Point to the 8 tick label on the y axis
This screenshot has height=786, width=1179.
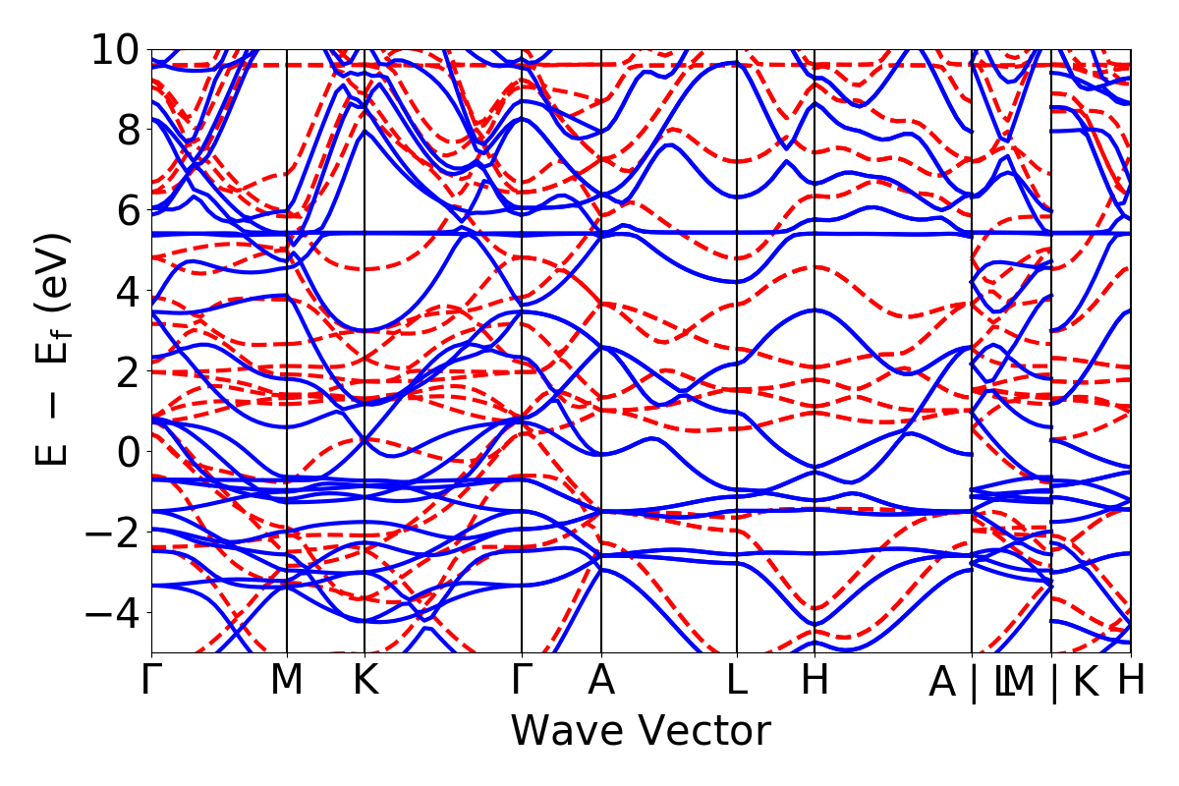pos(125,130)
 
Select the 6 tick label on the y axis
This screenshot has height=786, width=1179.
pos(125,210)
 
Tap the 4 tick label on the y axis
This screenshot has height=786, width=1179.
pos(125,291)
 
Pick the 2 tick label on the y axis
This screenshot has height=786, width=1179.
pos(125,371)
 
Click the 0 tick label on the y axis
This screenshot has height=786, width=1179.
pos(125,452)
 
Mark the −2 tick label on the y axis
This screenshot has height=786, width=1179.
pos(111,533)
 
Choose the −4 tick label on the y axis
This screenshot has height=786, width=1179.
pos(111,613)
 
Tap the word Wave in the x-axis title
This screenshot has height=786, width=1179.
pos(567,732)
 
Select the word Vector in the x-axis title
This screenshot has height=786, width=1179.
pos(702,732)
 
